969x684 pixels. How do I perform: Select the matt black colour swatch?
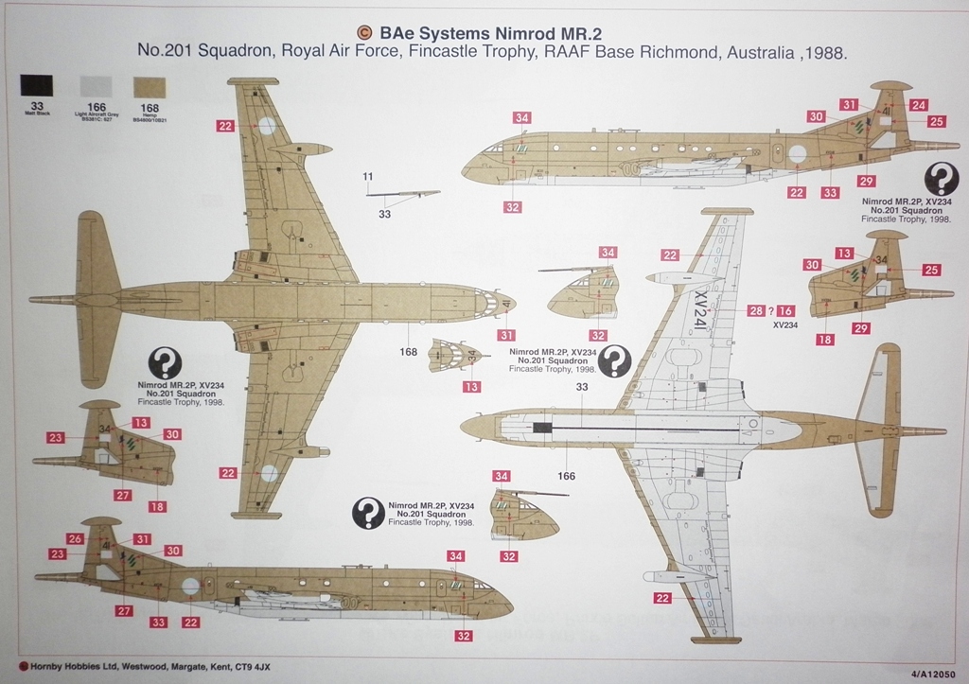(37, 85)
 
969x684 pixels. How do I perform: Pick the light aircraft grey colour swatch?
(96, 85)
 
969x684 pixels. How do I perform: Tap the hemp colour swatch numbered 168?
(149, 85)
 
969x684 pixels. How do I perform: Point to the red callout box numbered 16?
(786, 310)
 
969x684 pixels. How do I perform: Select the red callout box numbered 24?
(919, 105)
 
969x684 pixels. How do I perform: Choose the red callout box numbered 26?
(76, 538)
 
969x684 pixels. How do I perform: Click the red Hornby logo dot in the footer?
(9, 664)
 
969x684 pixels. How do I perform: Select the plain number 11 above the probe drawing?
(368, 176)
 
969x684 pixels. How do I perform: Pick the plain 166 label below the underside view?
(566, 476)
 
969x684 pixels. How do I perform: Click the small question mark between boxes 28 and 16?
(771, 310)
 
